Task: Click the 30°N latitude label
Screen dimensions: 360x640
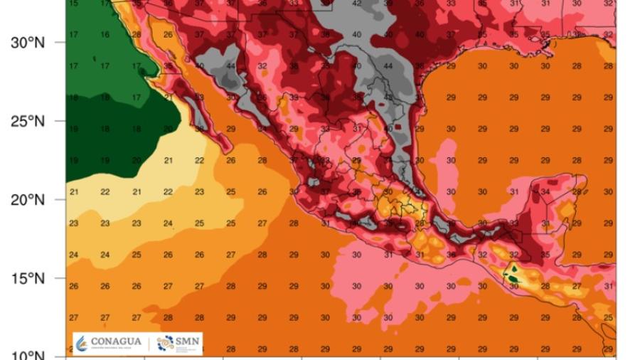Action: tap(28, 43)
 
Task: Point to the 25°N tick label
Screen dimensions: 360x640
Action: tap(28, 121)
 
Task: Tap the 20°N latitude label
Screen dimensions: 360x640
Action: tap(28, 200)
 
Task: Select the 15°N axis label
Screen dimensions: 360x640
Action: tap(28, 278)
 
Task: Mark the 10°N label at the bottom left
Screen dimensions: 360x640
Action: tap(28, 355)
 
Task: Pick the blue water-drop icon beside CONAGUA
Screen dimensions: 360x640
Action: tap(82, 343)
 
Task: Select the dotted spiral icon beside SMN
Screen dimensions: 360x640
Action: tap(165, 342)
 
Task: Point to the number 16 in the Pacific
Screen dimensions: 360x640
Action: tap(106, 34)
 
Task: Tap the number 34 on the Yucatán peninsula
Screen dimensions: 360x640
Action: tap(545, 191)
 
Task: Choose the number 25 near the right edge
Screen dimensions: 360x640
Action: tap(608, 317)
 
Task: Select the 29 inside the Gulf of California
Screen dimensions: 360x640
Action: tap(230, 129)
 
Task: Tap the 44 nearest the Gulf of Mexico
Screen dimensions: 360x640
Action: tap(388, 66)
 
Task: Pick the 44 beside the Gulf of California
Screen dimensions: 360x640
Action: tap(231, 66)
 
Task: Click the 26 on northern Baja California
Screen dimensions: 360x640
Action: tap(168, 34)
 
